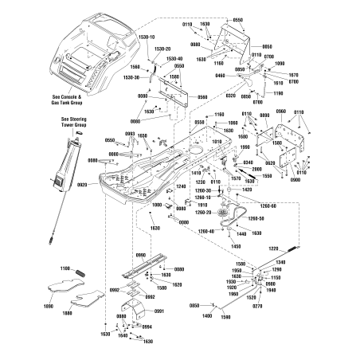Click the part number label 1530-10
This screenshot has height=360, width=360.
(148, 36)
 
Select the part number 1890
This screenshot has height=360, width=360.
(48, 305)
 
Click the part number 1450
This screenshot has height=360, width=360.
(237, 246)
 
